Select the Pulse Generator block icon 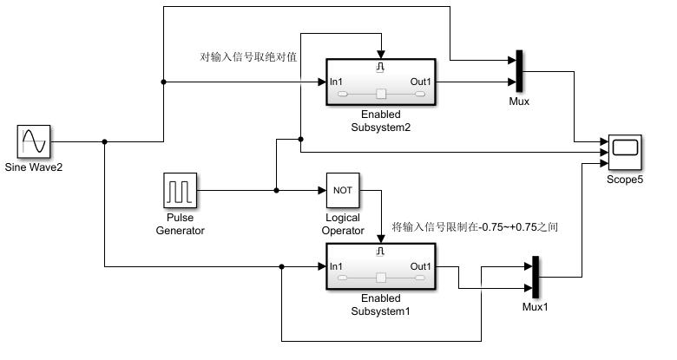click(x=181, y=190)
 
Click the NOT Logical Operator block click(x=343, y=190)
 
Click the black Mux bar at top click(x=519, y=71)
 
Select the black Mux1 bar click(x=535, y=278)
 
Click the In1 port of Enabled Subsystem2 click(x=338, y=82)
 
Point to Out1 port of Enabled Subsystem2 click(x=421, y=82)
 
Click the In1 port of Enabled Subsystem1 click(x=338, y=266)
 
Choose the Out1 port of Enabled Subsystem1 click(x=421, y=266)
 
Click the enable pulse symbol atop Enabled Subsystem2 click(x=380, y=67)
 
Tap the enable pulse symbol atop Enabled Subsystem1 click(x=380, y=252)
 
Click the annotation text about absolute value click(x=248, y=58)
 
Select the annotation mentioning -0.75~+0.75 click(x=475, y=227)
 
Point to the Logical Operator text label click(x=343, y=224)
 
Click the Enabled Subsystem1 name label click(x=380, y=304)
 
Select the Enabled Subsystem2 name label click(x=380, y=121)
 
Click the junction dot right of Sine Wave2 click(x=104, y=141)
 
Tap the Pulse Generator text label click(x=181, y=224)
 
